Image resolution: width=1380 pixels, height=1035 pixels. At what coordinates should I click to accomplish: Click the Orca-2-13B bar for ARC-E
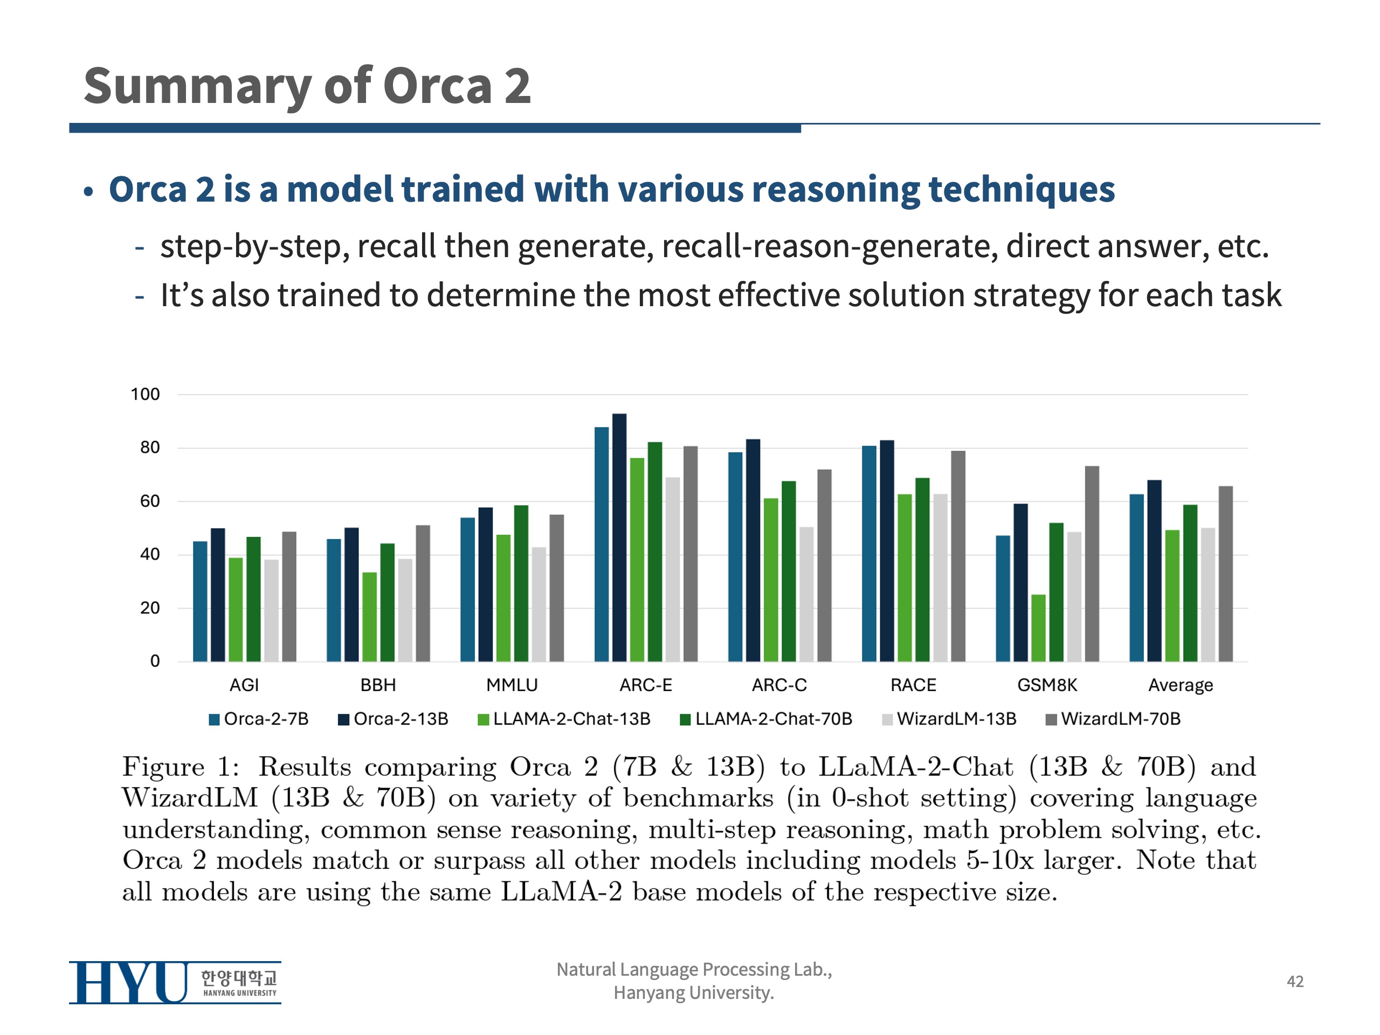pyautogui.click(x=619, y=537)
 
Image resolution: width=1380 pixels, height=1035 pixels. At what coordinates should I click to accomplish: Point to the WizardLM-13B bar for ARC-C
pyautogui.click(x=806, y=594)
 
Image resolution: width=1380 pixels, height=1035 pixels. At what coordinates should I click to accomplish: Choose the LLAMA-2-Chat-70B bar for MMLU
pyautogui.click(x=521, y=583)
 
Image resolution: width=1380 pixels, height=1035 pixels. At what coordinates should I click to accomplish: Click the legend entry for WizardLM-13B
pyautogui.click(x=949, y=719)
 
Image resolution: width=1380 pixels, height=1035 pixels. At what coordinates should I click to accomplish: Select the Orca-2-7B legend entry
pyautogui.click(x=258, y=719)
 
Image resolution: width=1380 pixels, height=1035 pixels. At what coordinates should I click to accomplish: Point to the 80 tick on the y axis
pyautogui.click(x=150, y=447)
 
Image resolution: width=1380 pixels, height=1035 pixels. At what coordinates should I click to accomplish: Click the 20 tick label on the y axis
pyautogui.click(x=150, y=608)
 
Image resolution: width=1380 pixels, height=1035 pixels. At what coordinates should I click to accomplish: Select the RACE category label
pyautogui.click(x=913, y=685)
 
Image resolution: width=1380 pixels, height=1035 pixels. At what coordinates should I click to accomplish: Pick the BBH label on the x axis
pyautogui.click(x=378, y=685)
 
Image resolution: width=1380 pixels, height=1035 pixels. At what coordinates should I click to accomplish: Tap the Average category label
pyautogui.click(x=1181, y=685)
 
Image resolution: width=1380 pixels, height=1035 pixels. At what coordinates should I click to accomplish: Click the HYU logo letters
pyautogui.click(x=128, y=982)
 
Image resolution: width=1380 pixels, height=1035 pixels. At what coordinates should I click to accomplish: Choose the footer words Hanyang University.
pyautogui.click(x=693, y=992)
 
